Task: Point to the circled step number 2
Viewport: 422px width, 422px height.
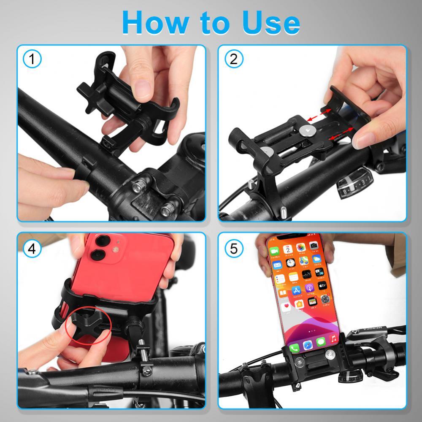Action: [x=233, y=59]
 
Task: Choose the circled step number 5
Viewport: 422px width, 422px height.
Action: [x=233, y=248]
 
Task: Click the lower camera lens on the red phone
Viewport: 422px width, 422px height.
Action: [x=98, y=255]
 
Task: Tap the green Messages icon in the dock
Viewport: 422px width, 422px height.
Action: [x=320, y=341]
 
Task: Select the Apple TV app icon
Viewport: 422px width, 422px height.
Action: [x=323, y=286]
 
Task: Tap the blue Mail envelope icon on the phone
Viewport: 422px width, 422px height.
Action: [x=277, y=265]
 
